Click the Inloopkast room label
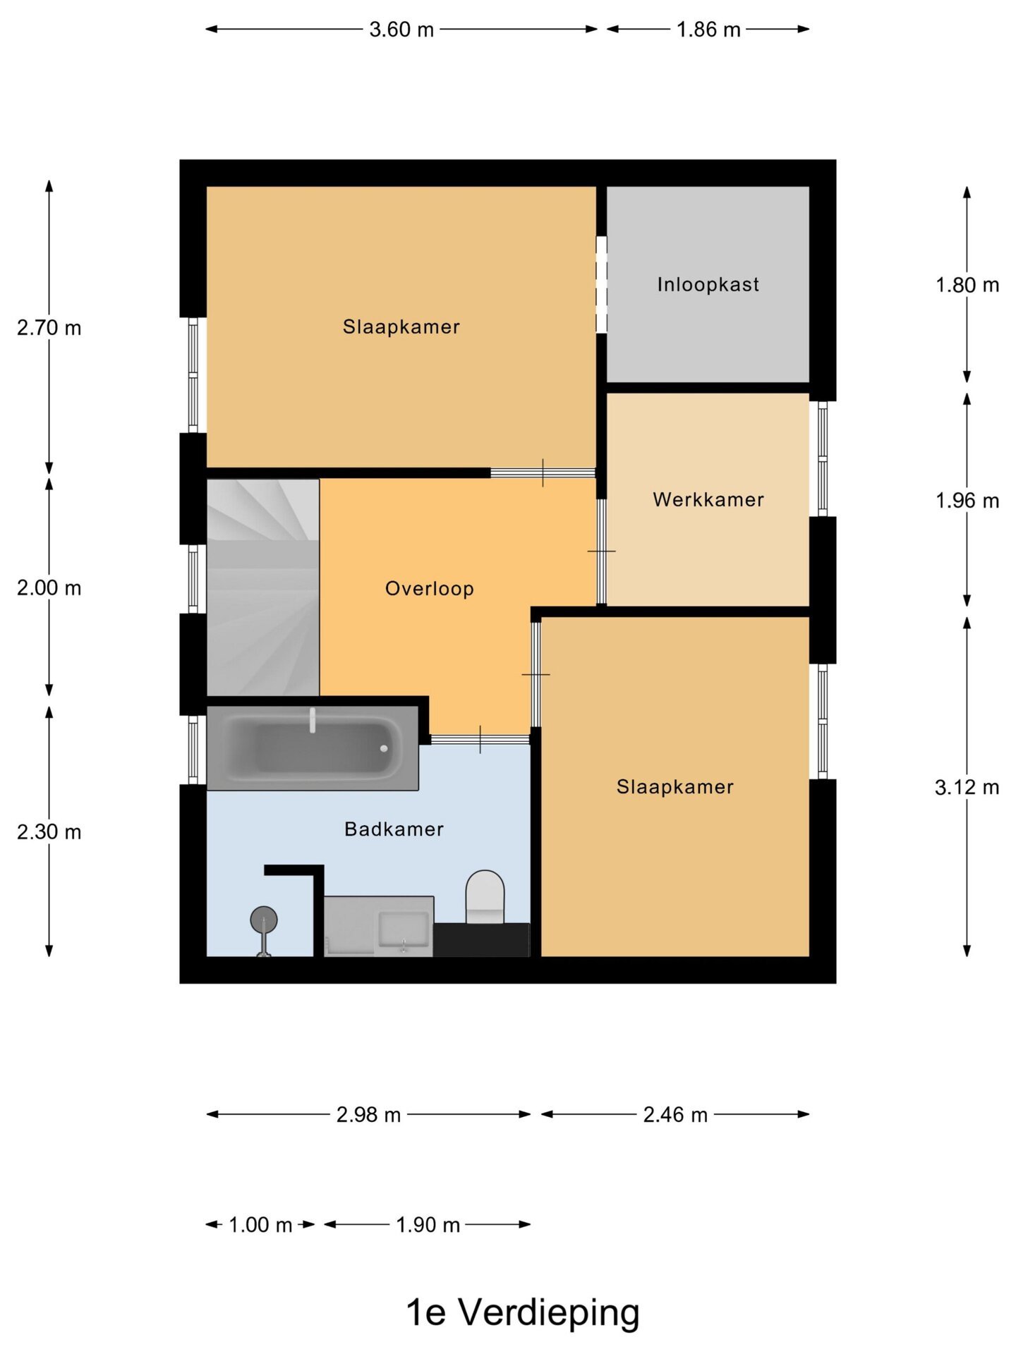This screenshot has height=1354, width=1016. point(708,284)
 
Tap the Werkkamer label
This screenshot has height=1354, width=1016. point(708,499)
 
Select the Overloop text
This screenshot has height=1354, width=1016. point(429,589)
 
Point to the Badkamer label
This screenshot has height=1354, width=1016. point(394,829)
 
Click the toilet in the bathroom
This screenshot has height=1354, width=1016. point(485,897)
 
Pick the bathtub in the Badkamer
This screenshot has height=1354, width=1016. point(313,748)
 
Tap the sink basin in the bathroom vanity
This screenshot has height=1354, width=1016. point(404,929)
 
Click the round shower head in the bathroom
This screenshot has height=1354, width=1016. point(264,920)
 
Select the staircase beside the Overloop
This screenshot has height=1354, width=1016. point(262,587)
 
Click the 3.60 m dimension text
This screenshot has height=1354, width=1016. point(401,30)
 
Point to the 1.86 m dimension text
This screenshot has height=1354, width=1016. point(708,30)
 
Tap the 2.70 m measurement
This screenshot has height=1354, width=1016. point(49,328)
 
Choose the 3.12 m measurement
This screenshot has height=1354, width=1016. point(967,787)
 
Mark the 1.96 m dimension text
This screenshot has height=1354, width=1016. point(967,501)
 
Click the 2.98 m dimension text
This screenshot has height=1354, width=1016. point(368,1114)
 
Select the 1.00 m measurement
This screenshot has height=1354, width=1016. point(260,1224)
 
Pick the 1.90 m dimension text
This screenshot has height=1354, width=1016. point(428,1224)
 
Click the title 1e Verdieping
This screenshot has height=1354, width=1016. point(523,1312)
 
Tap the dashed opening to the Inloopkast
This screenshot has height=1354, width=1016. point(601,284)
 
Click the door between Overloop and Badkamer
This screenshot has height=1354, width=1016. point(480,739)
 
